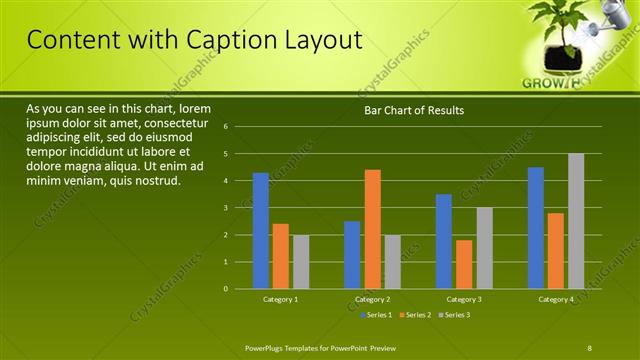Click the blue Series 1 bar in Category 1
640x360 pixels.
(x=261, y=231)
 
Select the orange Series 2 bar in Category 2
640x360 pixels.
(x=372, y=229)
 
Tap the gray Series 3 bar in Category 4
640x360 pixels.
(x=576, y=221)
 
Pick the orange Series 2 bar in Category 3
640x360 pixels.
(x=464, y=264)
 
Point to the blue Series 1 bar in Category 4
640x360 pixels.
(x=536, y=228)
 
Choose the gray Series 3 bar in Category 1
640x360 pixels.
(x=301, y=262)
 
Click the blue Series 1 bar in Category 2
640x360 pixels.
(x=352, y=255)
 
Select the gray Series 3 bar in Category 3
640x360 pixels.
(x=484, y=248)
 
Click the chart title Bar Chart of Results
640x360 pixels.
(x=413, y=110)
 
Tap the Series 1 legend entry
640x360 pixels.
(x=376, y=315)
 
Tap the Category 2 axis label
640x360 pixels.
(x=372, y=299)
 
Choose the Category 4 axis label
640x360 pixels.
(x=556, y=299)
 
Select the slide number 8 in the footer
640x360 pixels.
(x=590, y=347)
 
